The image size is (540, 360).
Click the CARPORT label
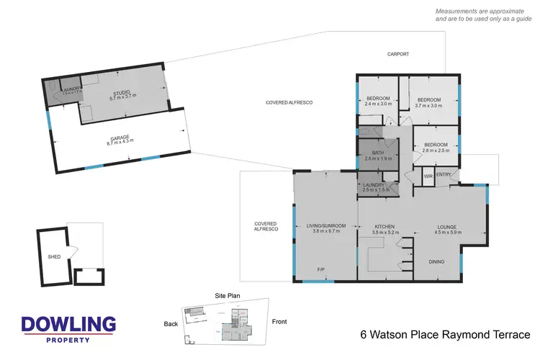(398, 55)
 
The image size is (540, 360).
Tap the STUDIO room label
(122, 95)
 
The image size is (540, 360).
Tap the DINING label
(437, 261)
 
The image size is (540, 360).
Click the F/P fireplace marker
(321, 269)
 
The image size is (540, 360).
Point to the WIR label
(428, 176)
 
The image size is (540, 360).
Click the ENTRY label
(444, 174)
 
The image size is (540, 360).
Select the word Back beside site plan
(171, 324)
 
